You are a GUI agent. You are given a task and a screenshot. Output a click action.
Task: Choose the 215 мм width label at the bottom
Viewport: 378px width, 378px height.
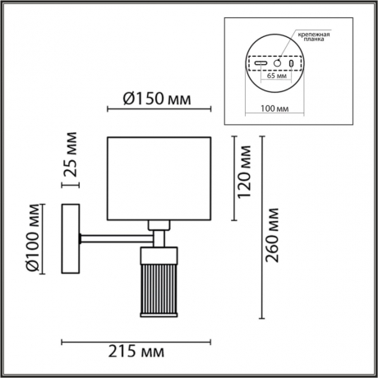pyautogui.click(x=136, y=352)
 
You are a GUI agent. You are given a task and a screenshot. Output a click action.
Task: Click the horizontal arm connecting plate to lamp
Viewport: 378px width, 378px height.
pyautogui.click(x=113, y=239)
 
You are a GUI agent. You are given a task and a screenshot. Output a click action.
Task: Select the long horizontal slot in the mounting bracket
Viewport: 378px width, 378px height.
pyautogui.click(x=261, y=64)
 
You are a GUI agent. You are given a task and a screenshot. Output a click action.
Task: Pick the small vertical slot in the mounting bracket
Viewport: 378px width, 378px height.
pyautogui.click(x=290, y=64)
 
